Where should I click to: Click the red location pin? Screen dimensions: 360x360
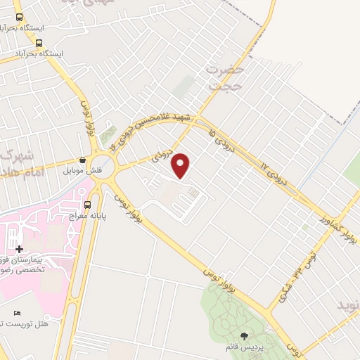181,165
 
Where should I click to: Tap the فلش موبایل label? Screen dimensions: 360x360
83,171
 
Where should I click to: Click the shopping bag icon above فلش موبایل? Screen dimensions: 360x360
83,160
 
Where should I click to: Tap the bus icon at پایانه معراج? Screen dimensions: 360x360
88,205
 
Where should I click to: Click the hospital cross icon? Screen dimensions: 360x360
19,249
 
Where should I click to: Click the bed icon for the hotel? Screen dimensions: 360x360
17,312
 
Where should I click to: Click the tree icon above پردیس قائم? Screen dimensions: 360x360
244,335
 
